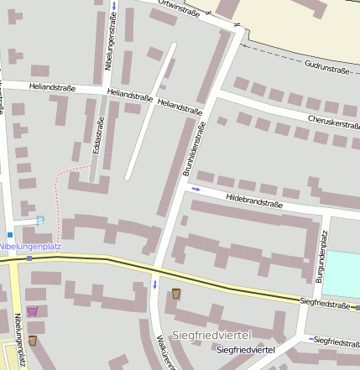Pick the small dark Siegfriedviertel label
246,349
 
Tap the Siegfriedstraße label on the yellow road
324,305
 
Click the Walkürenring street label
163,352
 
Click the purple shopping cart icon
32,311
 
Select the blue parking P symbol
39,221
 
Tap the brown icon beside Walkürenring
175,294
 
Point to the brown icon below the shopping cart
32,340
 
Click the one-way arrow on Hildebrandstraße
196,189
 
